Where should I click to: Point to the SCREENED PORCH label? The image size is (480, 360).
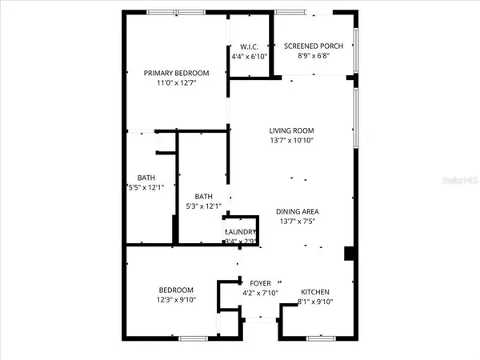[x=314, y=46]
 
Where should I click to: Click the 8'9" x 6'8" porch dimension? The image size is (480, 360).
[x=314, y=57]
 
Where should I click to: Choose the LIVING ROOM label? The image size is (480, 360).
[x=291, y=130]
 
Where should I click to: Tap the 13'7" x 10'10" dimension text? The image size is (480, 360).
[x=291, y=141]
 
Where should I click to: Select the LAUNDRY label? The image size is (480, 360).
[x=241, y=233]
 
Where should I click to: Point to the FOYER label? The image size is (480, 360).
[x=261, y=282]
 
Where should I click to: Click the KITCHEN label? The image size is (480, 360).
[x=314, y=291]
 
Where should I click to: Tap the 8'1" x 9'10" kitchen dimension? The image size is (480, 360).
[x=314, y=301]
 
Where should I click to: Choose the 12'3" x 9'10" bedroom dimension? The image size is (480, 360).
[x=176, y=300]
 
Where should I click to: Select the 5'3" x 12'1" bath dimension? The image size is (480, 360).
[x=203, y=206]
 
